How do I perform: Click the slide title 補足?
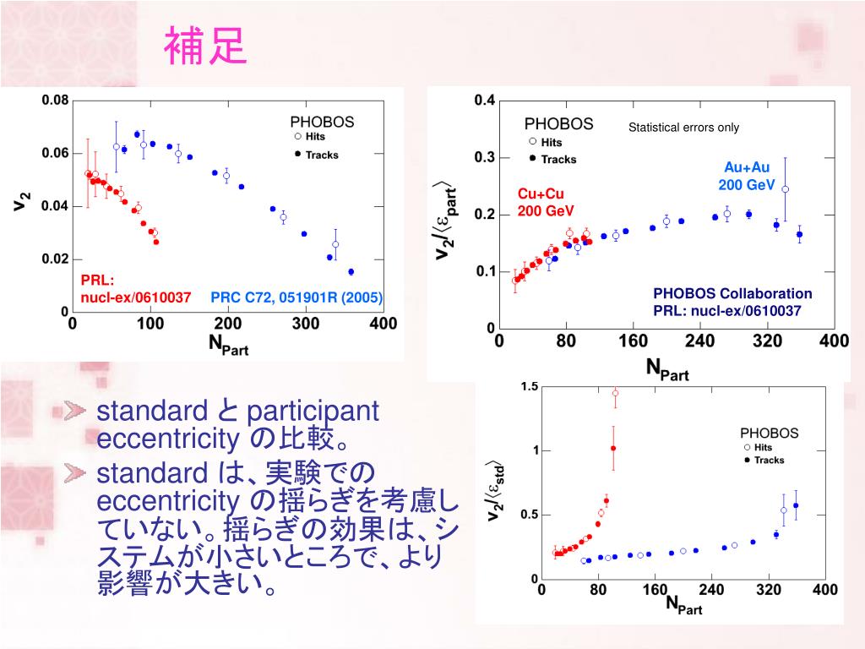(205, 47)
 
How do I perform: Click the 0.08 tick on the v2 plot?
(55, 101)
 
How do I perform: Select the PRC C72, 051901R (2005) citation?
(296, 297)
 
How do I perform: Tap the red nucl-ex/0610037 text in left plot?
(135, 297)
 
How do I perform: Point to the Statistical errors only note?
(683, 128)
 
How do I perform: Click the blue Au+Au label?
(747, 167)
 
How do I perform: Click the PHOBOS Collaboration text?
(732, 293)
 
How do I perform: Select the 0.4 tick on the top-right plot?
(484, 101)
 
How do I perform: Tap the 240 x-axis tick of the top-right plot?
(699, 341)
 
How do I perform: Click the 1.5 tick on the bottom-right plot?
(530, 387)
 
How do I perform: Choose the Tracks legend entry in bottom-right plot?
(769, 461)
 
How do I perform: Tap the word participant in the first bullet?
(312, 412)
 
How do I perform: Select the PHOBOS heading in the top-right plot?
(558, 124)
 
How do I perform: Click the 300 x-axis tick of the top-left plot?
(305, 323)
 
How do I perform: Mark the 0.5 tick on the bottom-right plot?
(530, 515)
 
